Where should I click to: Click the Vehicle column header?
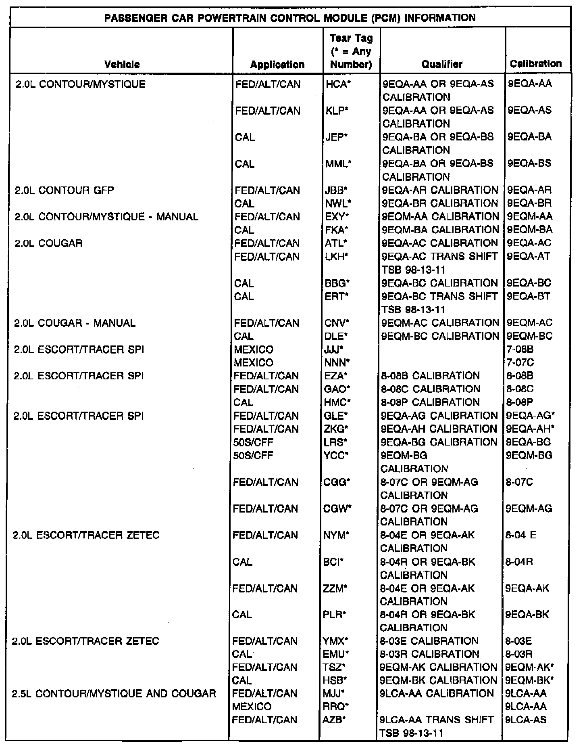click(x=122, y=64)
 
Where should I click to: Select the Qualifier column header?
click(x=442, y=64)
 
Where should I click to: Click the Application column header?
click(x=277, y=65)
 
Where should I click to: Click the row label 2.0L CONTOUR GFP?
click(x=64, y=190)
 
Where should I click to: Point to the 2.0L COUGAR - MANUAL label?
click(x=75, y=323)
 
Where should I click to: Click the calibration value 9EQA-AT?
click(x=529, y=256)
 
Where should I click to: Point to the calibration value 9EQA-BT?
click(x=529, y=296)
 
